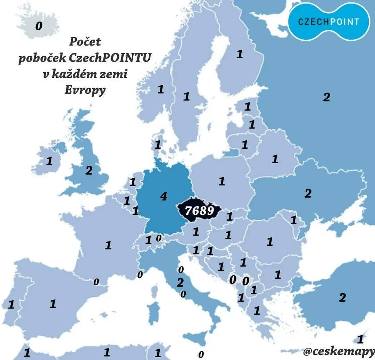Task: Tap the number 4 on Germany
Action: (164, 197)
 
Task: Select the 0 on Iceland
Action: (39, 26)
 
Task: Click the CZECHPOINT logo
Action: (328, 22)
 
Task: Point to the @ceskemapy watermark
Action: (339, 352)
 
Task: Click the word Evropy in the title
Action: (85, 90)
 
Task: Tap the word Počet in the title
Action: (85, 42)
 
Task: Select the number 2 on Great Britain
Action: (89, 171)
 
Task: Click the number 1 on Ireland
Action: (49, 161)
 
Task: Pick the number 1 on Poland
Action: (222, 181)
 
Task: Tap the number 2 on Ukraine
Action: (308, 194)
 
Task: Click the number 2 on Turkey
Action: (342, 298)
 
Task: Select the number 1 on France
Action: (108, 245)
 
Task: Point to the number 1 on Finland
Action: (239, 54)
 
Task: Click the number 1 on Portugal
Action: (11, 305)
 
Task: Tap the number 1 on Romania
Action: (270, 242)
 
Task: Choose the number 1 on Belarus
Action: (275, 159)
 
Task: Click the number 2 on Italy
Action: (180, 283)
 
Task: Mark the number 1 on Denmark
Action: (158, 144)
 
